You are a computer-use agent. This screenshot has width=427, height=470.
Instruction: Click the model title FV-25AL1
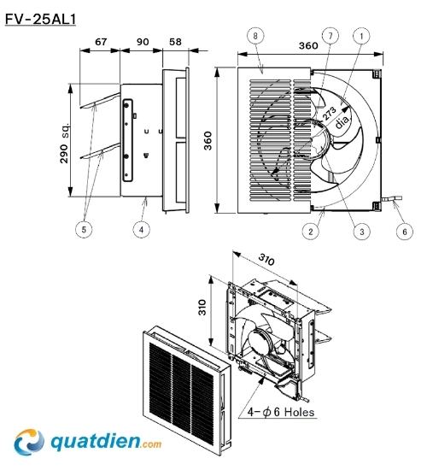[x=40, y=20]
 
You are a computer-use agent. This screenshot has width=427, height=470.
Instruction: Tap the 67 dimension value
[x=101, y=42]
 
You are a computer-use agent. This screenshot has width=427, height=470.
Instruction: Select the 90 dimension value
[x=143, y=42]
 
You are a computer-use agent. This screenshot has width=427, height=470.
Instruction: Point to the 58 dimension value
[x=175, y=42]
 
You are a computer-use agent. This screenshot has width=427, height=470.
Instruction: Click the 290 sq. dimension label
[x=65, y=142]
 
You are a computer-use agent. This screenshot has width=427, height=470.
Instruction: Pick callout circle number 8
[x=255, y=36]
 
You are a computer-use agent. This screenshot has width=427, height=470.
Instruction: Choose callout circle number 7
[x=330, y=36]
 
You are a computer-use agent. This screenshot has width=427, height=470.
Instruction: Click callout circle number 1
[x=361, y=36]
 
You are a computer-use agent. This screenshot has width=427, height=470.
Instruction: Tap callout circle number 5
[x=84, y=230]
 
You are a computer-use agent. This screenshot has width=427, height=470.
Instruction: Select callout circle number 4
[x=142, y=230]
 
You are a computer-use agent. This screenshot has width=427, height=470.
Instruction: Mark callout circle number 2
[x=311, y=232]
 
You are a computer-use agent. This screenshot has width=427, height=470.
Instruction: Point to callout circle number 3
[x=362, y=232]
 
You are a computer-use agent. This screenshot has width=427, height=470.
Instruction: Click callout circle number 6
[x=405, y=232]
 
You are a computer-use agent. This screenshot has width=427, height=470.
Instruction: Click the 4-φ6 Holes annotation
[x=281, y=412]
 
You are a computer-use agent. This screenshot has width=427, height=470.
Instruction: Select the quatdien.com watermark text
[x=106, y=442]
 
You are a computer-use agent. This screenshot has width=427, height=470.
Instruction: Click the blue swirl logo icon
[x=29, y=442]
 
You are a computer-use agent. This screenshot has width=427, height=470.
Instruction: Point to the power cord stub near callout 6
[x=391, y=198]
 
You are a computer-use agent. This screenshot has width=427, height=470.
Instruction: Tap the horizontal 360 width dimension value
[x=308, y=45]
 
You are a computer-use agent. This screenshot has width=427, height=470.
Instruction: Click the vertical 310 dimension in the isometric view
[x=202, y=307]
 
